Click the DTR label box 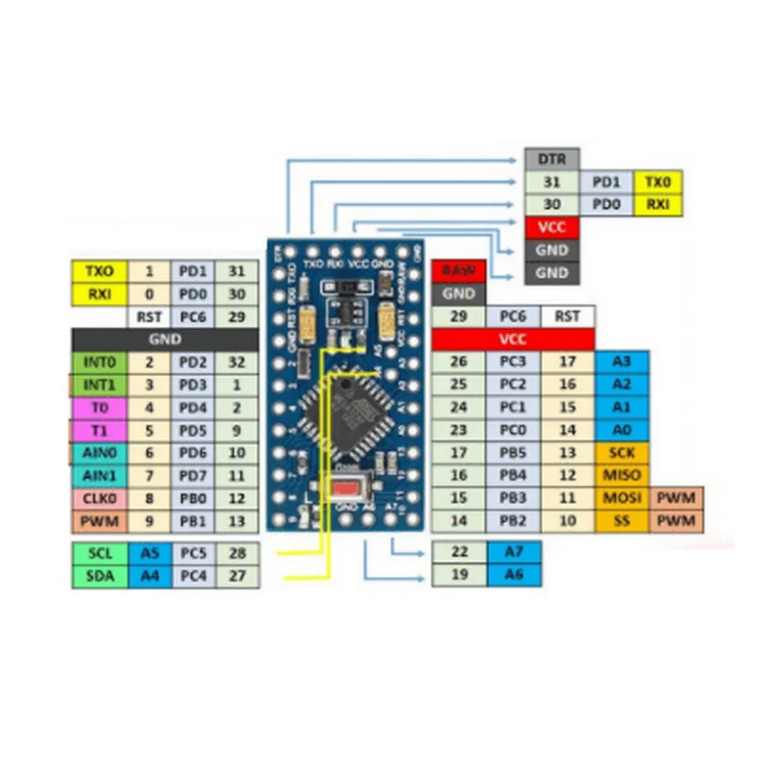(552, 159)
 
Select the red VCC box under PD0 (552, 227)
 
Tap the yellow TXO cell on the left (99, 271)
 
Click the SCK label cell (622, 453)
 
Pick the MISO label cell (622, 475)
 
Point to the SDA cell (99, 576)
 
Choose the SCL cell (99, 554)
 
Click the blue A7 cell (513, 552)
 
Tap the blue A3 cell (622, 362)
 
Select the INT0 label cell (99, 362)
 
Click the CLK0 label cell (99, 498)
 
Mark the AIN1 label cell (99, 476)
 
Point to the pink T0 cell (99, 408)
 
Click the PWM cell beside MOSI (677, 498)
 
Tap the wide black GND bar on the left (165, 339)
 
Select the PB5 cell (513, 453)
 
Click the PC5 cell (193, 554)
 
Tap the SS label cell (622, 521)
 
